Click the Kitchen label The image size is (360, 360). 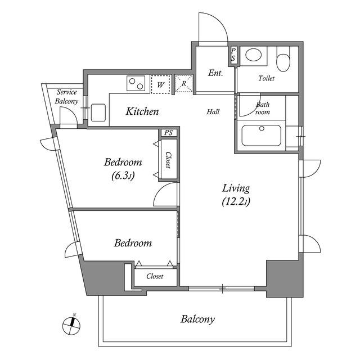(142, 111)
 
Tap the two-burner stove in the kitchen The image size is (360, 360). (136, 83)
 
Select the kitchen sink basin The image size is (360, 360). (98, 112)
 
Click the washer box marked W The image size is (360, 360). (160, 84)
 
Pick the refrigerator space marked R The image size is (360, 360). (184, 84)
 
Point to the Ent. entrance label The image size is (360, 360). (215, 73)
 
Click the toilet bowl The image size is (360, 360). (283, 62)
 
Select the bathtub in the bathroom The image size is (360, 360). (262, 136)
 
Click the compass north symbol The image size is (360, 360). (71, 325)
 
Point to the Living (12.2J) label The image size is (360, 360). (236, 195)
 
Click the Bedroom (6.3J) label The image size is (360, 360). (123, 169)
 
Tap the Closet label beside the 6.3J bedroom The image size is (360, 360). (168, 160)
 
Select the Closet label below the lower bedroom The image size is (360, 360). (155, 276)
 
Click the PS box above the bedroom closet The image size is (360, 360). (169, 133)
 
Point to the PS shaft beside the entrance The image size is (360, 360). (233, 55)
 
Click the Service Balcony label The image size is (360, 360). (66, 97)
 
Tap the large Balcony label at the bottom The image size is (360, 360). (197, 319)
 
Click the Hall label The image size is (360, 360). (213, 112)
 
